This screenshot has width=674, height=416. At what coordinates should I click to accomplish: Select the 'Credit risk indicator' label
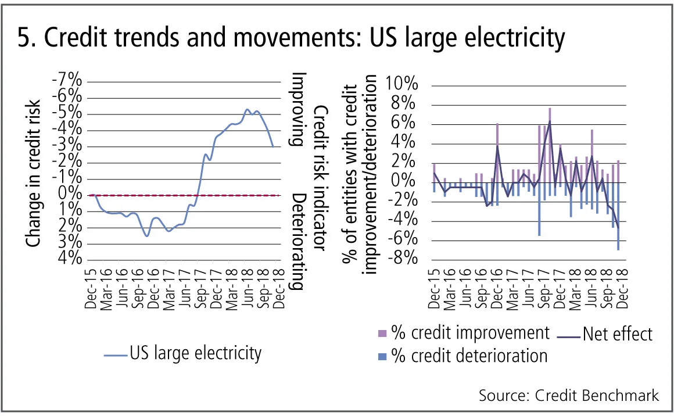tap(321, 178)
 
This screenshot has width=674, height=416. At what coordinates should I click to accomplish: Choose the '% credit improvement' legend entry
tap(463, 333)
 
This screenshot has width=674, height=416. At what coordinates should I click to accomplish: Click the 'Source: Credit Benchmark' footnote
tap(569, 396)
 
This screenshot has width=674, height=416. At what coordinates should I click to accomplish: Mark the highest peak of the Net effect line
tap(550, 121)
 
